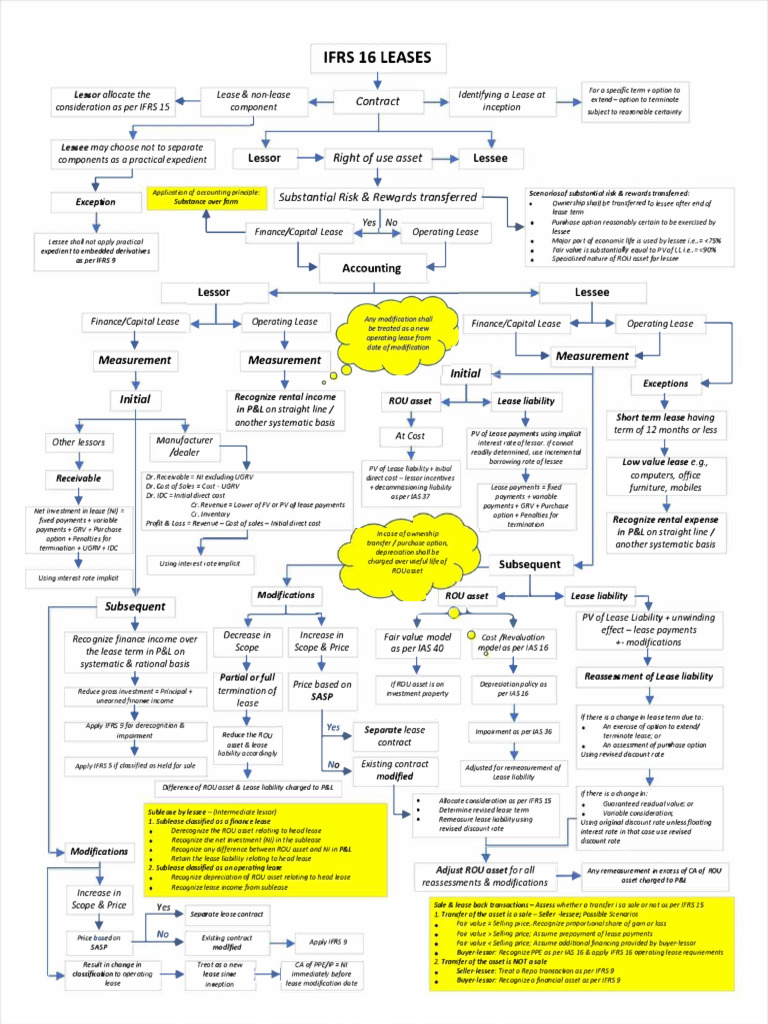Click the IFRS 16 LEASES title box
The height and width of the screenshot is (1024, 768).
point(377,58)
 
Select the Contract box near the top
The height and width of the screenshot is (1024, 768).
point(377,101)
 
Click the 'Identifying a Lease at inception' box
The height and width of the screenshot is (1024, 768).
point(502,101)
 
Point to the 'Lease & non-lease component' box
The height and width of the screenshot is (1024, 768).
point(253,101)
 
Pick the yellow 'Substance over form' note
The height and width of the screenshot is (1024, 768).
point(206,197)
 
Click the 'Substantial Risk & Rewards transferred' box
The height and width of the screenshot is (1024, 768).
point(377,197)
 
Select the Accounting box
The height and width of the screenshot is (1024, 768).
point(371,268)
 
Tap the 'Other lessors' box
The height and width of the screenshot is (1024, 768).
point(78,442)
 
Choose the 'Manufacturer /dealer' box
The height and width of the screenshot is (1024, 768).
point(184,445)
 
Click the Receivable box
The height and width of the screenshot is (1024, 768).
point(78,478)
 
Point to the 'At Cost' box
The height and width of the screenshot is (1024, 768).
point(409,436)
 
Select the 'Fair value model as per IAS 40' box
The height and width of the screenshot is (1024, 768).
point(418,642)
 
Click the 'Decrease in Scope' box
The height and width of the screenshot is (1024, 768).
point(247,641)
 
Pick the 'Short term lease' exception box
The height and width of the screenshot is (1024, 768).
point(665,424)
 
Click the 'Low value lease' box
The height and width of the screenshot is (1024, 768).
point(665,475)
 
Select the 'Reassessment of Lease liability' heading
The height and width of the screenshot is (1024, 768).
point(649,677)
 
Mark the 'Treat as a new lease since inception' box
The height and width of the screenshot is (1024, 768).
point(220,974)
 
